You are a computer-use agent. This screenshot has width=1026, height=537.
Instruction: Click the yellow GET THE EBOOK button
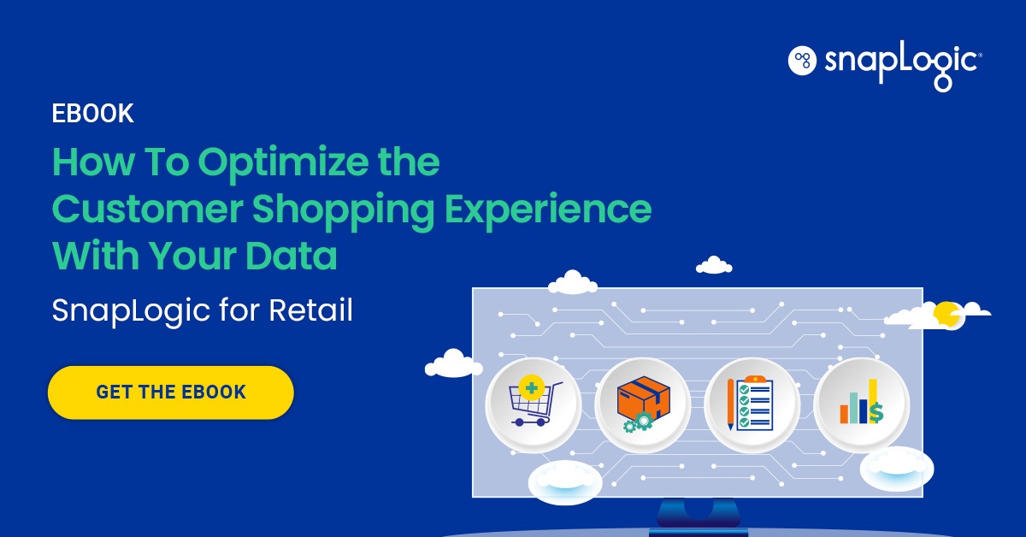[x=171, y=392]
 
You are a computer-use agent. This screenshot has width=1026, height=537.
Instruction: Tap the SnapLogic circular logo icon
[x=802, y=60]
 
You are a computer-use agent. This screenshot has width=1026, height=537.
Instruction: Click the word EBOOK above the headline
[x=93, y=114]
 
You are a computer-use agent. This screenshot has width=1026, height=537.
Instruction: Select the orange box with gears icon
[x=642, y=404]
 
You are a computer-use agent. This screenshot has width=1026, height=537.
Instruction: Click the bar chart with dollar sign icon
[x=861, y=404]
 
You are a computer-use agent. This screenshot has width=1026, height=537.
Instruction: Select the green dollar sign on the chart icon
[x=876, y=414]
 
